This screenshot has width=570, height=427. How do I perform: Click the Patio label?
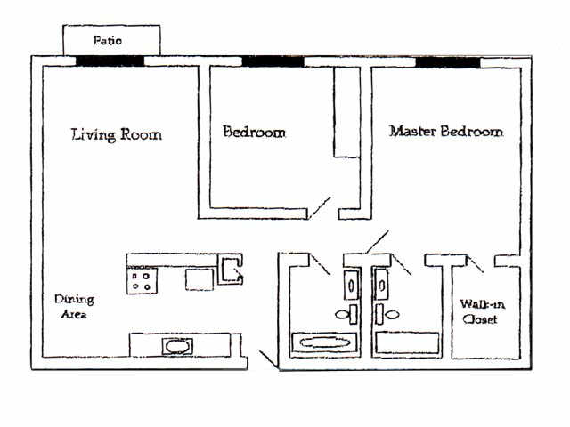(110, 41)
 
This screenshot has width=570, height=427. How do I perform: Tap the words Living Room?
(116, 135)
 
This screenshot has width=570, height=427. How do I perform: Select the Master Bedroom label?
(445, 132)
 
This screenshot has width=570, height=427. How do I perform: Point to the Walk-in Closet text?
(478, 311)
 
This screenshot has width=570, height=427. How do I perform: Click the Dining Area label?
(74, 307)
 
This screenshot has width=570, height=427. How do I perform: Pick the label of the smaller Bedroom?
(254, 132)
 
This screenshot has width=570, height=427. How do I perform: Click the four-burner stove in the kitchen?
(142, 282)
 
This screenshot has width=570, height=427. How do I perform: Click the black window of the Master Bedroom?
(447, 61)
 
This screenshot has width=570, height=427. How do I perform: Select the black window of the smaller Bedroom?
(273, 61)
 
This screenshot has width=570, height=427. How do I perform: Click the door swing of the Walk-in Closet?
(475, 262)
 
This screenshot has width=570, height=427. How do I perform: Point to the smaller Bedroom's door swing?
(320, 207)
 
